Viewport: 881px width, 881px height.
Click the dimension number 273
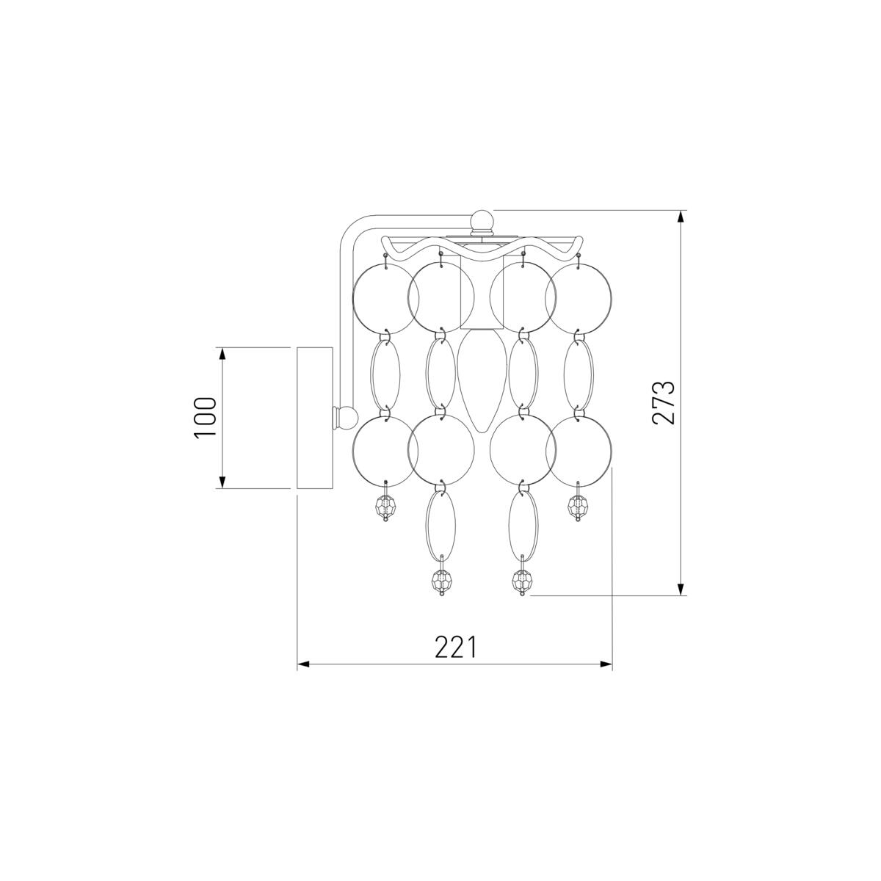click(x=664, y=402)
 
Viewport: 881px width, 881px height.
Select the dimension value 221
click(x=456, y=647)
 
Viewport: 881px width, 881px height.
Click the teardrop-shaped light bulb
click(x=482, y=382)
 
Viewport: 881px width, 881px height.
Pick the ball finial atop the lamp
click(x=482, y=220)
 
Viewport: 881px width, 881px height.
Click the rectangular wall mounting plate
click(x=314, y=418)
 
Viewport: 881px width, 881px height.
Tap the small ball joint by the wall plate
click(x=345, y=417)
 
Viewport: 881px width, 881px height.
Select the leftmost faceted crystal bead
click(x=385, y=506)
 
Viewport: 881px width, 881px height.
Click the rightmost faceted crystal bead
click(x=578, y=506)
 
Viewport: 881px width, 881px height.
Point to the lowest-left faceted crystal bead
click(x=441, y=581)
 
